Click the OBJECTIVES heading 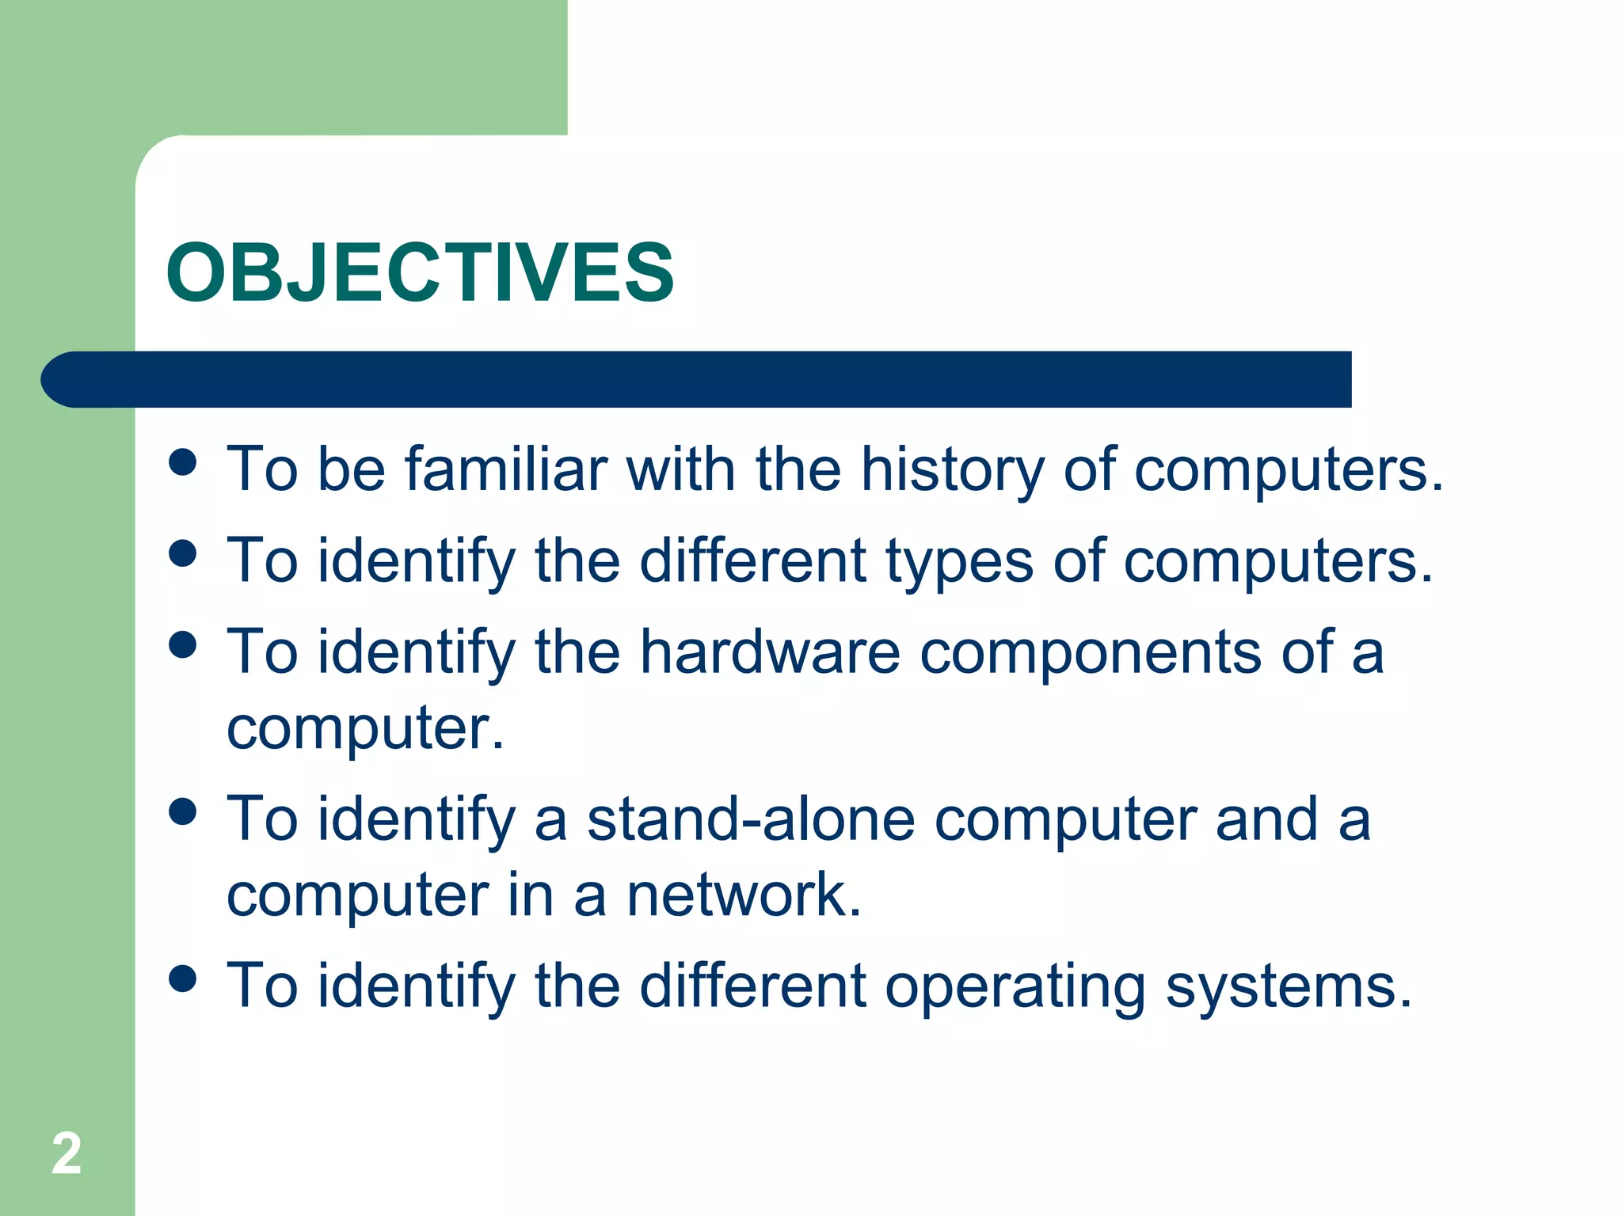[420, 272]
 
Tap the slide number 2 [67, 1154]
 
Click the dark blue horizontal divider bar [697, 379]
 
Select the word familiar [506, 469]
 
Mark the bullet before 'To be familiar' [183, 462]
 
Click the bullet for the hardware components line [183, 644]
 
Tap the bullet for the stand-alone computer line [183, 811]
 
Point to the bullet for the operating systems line [183, 978]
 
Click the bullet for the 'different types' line [183, 553]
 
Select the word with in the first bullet [680, 469]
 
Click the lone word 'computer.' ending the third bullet [365, 728]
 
